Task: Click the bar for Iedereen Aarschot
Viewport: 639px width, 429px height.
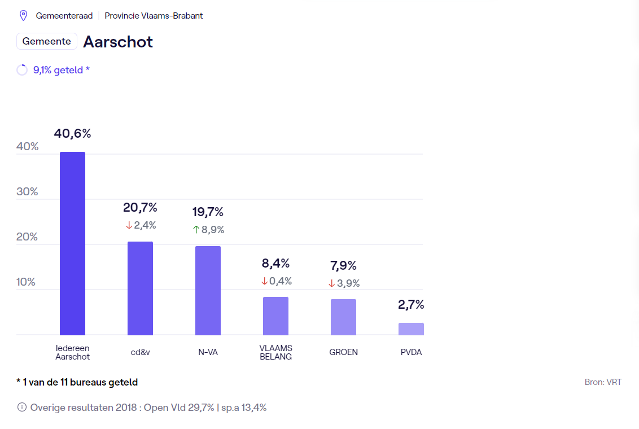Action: [x=72, y=243]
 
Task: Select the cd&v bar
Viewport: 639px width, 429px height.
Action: [x=140, y=288]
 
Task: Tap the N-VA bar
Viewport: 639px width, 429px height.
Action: [x=208, y=291]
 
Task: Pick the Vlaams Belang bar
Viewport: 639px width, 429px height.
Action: [x=275, y=316]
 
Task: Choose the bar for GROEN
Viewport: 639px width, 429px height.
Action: [x=343, y=317]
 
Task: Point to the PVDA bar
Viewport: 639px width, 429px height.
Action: [x=411, y=329]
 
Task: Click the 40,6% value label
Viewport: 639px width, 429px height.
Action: [x=72, y=134]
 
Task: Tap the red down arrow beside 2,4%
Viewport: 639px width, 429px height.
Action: [x=129, y=225]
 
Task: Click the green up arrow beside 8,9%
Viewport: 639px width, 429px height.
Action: [x=196, y=230]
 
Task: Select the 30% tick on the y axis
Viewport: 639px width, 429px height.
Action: [x=27, y=192]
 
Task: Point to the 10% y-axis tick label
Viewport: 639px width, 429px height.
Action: [x=26, y=282]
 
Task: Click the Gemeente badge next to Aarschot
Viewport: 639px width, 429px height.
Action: [x=47, y=41]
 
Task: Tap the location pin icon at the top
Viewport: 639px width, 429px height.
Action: [x=23, y=15]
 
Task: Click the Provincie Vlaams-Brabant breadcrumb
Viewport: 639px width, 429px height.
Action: [x=154, y=16]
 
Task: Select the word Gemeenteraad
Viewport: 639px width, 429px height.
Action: [x=64, y=16]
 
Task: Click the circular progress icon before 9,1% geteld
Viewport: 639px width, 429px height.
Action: [x=22, y=70]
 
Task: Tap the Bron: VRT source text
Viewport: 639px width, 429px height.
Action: [x=603, y=382]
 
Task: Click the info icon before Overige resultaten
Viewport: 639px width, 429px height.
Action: [x=22, y=407]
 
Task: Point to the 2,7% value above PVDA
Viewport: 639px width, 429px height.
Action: [x=411, y=305]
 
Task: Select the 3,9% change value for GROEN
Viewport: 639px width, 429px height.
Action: [x=348, y=283]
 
